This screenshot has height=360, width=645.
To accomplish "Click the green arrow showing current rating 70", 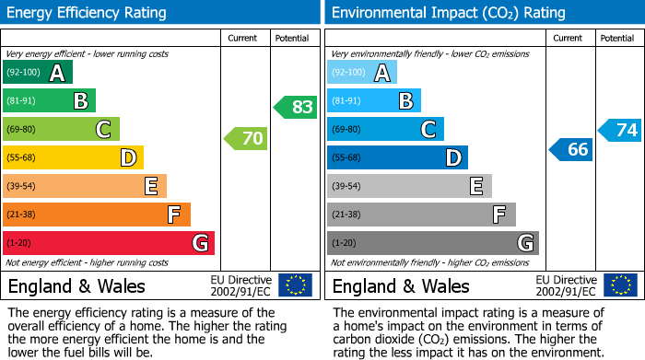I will point(246,139).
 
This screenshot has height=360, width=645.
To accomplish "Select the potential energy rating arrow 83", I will point(296,107).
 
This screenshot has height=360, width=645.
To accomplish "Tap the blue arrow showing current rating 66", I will point(570,149).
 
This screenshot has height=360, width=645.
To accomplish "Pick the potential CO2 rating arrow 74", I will point(620,130).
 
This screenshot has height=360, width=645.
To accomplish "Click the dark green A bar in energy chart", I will point(38,73).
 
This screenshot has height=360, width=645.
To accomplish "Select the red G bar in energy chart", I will point(109,243).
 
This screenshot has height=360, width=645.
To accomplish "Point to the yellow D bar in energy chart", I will point(74,158).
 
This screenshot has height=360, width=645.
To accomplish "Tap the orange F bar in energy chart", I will point(97,215).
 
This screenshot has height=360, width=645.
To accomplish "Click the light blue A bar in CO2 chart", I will point(362,73).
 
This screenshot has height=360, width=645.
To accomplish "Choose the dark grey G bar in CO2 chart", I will point(433,243).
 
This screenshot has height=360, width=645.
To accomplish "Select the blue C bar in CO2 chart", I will point(385,130).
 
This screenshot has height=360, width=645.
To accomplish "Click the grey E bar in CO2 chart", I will point(409,186).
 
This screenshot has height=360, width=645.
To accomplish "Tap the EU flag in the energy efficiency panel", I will point(295,285).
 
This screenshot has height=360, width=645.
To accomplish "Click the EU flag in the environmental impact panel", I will point(620,285).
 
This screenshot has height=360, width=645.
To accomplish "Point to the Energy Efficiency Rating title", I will point(88,13).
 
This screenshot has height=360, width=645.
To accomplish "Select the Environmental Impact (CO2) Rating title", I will point(448,13).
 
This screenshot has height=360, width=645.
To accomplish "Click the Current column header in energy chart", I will point(243,38).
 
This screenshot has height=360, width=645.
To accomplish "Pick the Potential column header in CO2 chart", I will point(617,38).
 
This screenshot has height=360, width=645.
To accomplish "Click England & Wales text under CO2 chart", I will point(401,285).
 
